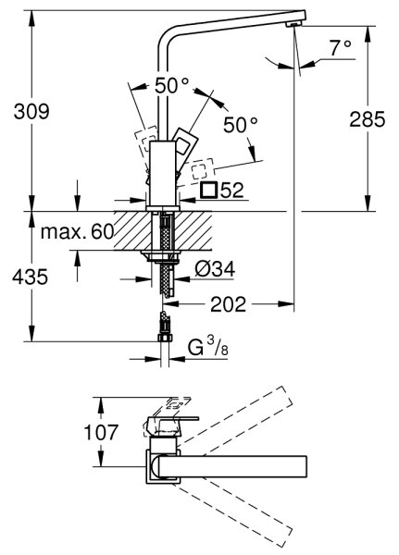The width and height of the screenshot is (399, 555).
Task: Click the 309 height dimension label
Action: [31, 111]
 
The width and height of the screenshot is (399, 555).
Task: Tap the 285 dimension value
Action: [368, 119]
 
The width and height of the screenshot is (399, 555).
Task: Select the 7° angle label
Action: [341, 48]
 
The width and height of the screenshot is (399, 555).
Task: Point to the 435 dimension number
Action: [30, 277]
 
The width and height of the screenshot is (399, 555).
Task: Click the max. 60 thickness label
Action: [77, 232]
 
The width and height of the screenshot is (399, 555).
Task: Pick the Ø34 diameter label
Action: [215, 269]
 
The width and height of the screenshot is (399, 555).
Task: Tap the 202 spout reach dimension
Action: [228, 304]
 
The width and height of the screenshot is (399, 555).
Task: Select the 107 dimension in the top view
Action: [101, 432]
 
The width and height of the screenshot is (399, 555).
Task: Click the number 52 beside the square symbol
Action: [232, 191]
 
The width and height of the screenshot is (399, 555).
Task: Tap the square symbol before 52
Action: [208, 190]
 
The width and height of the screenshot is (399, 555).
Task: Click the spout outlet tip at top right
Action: [294, 24]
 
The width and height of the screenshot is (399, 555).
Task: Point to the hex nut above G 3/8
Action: [165, 337]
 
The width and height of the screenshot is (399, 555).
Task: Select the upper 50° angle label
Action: [172, 85]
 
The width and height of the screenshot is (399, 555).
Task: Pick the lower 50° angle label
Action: [241, 124]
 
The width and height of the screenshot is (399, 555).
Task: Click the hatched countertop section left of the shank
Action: [133, 230]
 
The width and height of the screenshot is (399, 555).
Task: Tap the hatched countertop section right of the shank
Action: [193, 230]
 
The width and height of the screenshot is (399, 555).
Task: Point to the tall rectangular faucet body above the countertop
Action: [163, 173]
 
